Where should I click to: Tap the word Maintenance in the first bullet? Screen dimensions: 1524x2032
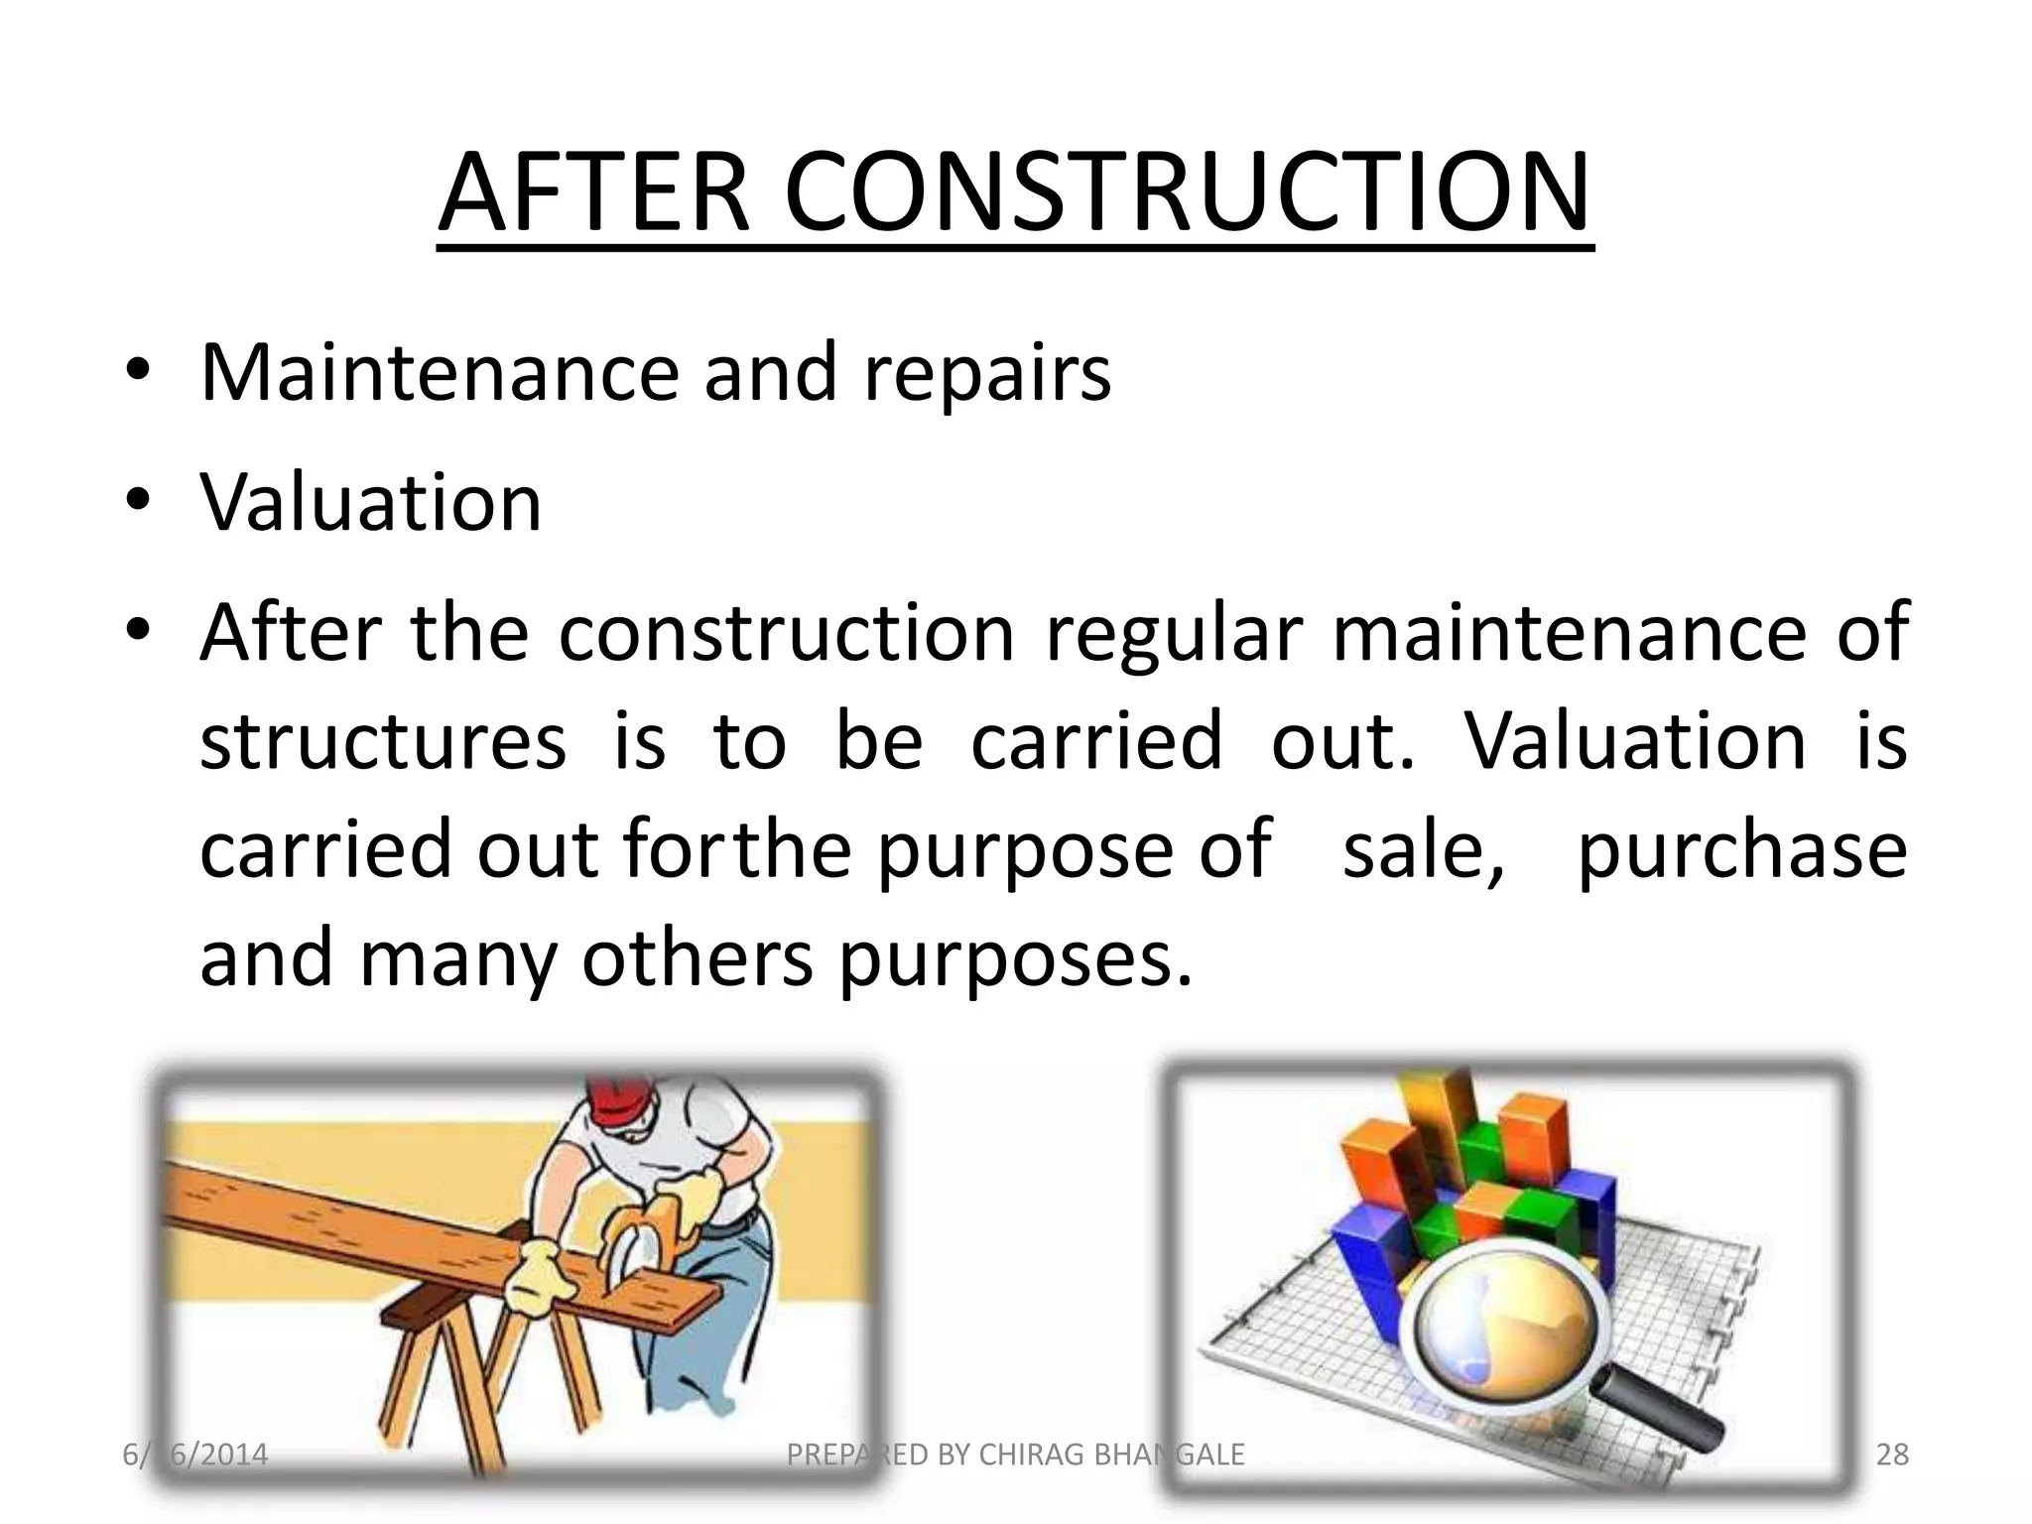[x=440, y=372]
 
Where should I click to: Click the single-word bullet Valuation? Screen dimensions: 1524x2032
[x=371, y=502]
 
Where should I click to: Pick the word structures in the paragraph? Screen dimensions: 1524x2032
[x=383, y=741]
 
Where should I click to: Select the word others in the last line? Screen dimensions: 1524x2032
[x=697, y=959]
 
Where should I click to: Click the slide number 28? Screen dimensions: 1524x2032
[x=1892, y=1455]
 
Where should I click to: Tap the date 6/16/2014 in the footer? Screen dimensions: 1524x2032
[x=195, y=1455]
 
